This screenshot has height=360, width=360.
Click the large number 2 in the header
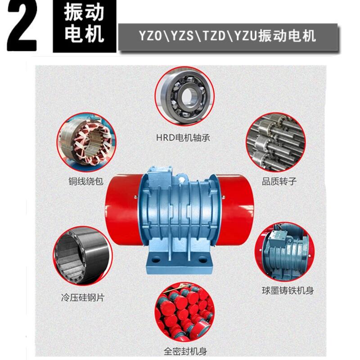tap(22, 25)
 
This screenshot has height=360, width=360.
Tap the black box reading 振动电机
tap(85, 26)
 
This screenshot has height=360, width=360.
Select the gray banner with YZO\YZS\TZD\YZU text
tap(228, 37)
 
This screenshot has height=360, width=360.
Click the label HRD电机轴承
tap(183, 138)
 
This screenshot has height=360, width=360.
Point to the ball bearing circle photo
tap(184, 96)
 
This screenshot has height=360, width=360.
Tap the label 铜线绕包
tap(86, 181)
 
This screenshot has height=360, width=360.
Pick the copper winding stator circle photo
tap(86, 142)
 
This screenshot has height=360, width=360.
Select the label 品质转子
tap(279, 181)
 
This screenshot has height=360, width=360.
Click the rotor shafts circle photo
tap(275, 142)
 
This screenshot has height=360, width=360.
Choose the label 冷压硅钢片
tap(83, 298)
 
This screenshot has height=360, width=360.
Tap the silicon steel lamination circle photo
tap(83, 256)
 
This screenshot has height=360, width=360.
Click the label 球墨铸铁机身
tap(288, 290)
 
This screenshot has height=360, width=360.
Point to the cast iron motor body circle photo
tap(284, 252)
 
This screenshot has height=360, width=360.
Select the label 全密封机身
tap(185, 351)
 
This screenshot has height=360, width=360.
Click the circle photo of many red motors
tap(184, 312)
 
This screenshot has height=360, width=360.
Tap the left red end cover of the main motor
tap(123, 210)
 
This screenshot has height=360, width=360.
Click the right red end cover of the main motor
tap(235, 210)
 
